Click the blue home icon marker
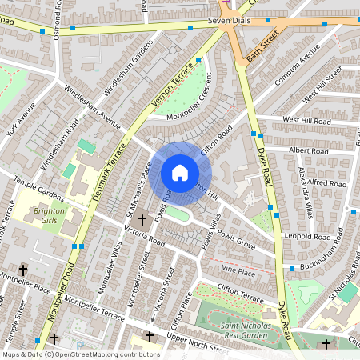point(180,173)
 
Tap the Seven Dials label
point(230,22)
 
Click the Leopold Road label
point(311,238)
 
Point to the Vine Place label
point(239,273)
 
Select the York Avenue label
point(22,119)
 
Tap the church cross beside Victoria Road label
point(142,219)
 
